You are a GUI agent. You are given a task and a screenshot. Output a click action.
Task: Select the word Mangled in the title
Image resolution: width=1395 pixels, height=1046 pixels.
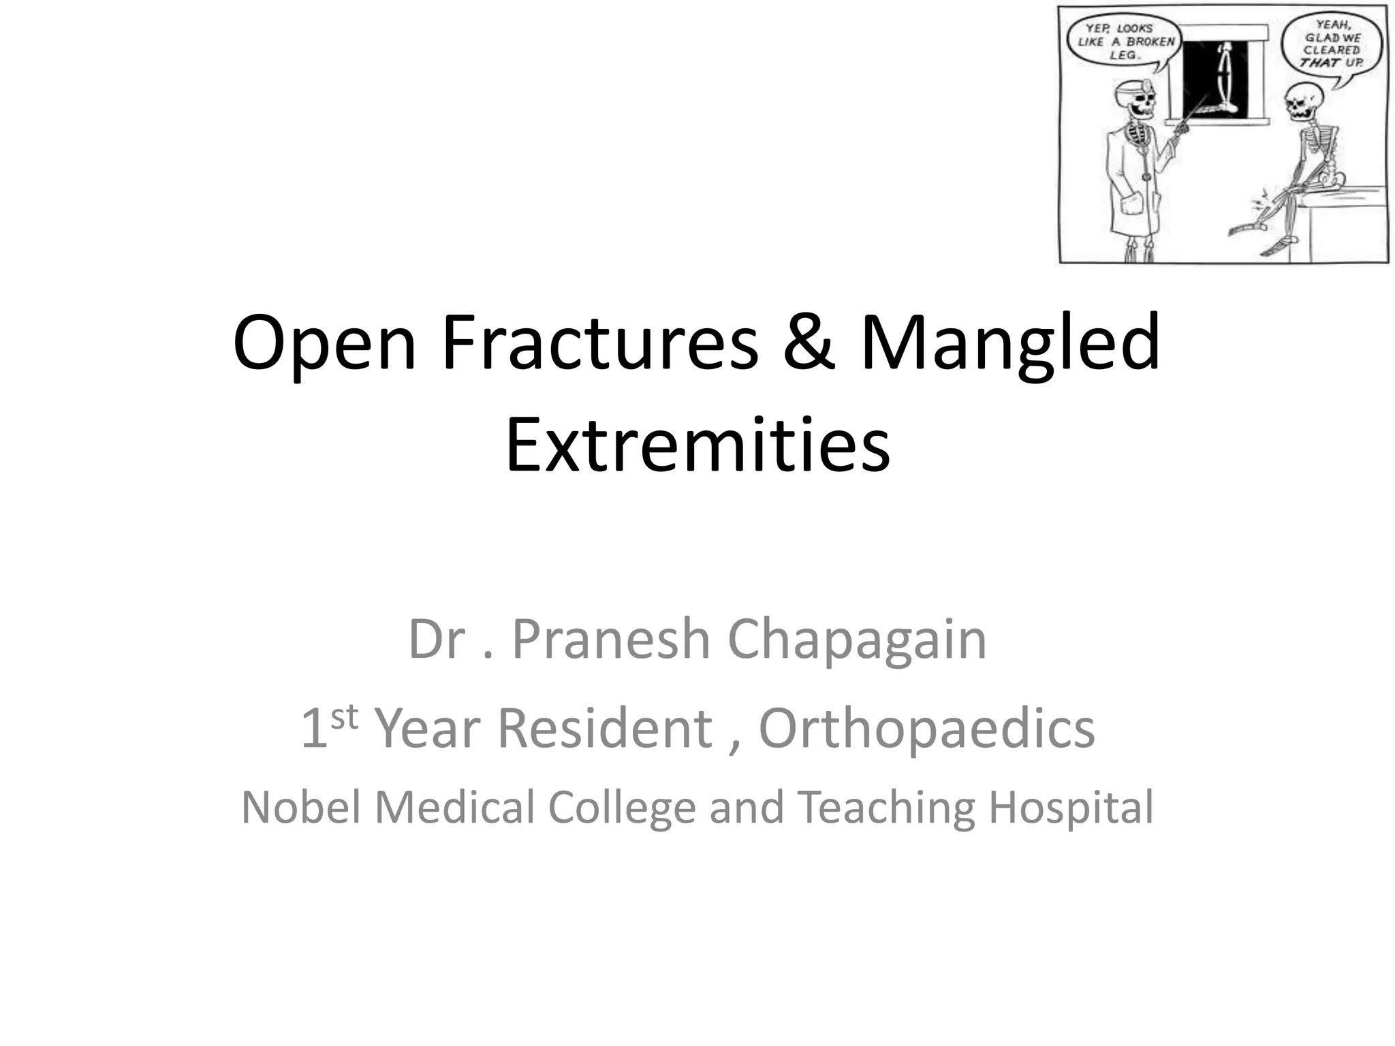tap(1010, 343)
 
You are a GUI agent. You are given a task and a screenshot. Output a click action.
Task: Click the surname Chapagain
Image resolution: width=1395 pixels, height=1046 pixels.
tap(857, 640)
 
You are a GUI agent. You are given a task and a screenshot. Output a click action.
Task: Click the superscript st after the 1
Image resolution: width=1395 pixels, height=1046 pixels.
tap(344, 716)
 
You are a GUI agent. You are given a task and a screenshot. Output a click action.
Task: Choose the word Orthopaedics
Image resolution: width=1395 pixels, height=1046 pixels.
tap(926, 728)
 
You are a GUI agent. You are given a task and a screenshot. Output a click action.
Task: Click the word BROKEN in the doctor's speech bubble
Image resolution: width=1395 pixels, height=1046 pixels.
tap(1150, 42)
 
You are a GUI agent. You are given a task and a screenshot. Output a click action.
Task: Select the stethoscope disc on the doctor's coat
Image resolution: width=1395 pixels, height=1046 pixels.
tap(1148, 176)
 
